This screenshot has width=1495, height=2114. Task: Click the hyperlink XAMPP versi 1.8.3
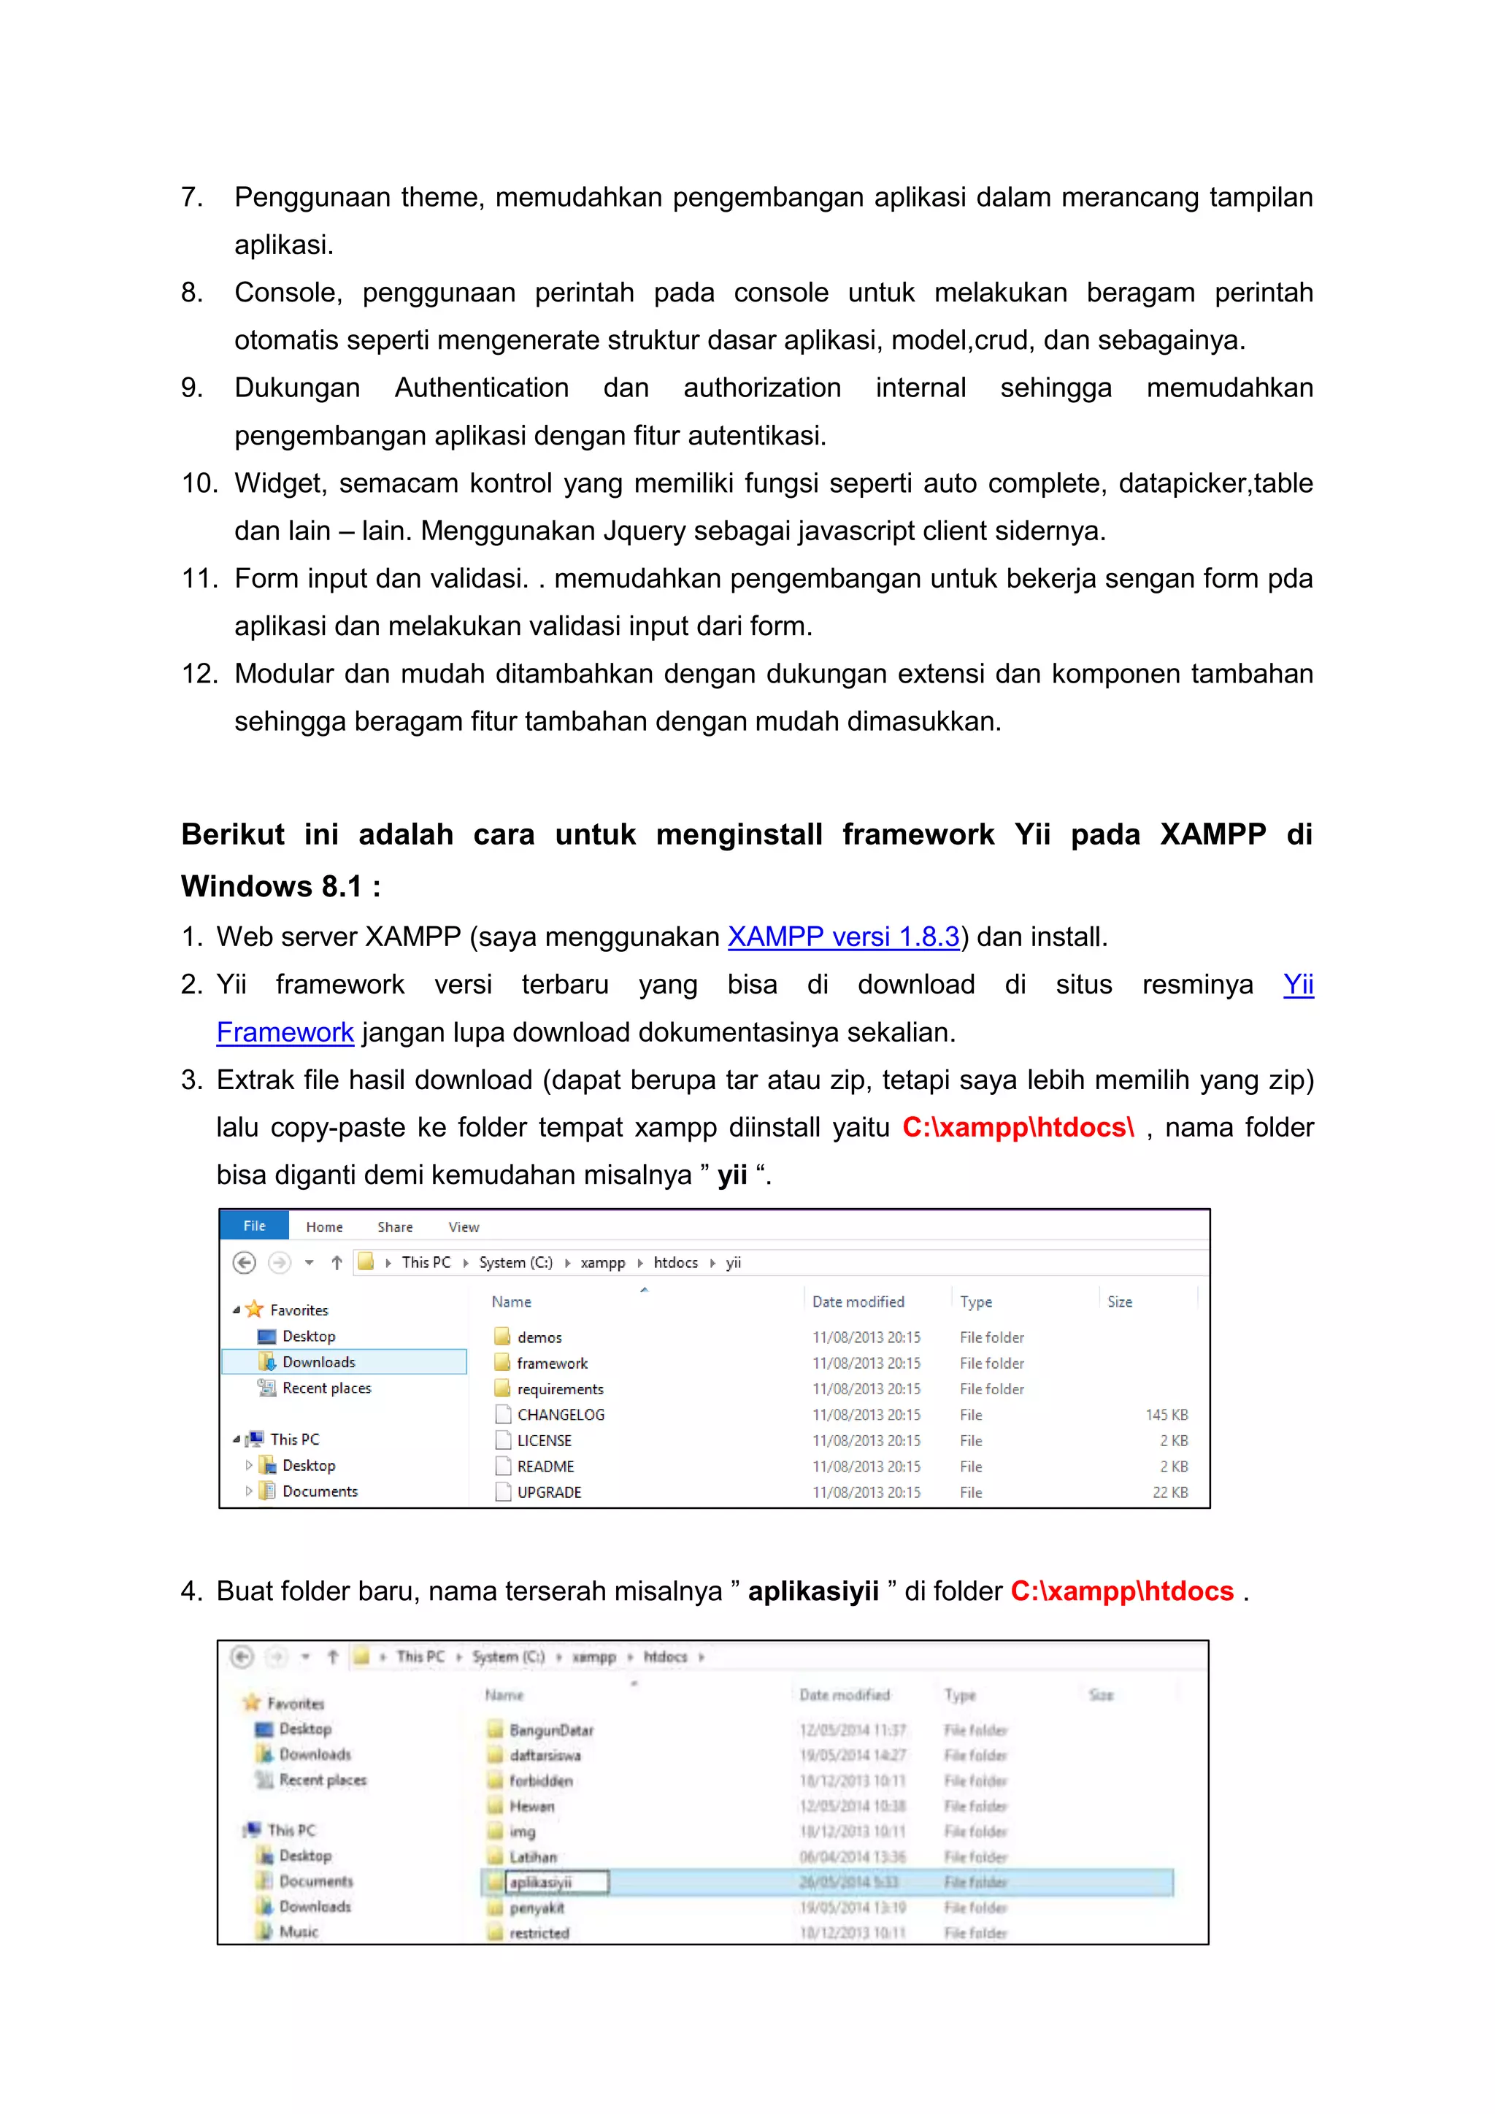pos(843,937)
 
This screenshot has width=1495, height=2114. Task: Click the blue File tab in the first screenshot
pos(254,1226)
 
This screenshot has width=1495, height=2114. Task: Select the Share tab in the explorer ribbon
pos(395,1227)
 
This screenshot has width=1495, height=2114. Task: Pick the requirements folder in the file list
pos(560,1389)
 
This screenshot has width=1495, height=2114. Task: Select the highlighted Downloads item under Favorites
pos(318,1361)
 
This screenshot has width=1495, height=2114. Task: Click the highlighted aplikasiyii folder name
pos(542,1883)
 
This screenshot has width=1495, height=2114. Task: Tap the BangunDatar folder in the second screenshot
pos(550,1730)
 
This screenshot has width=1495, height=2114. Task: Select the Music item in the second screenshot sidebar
pos(299,1932)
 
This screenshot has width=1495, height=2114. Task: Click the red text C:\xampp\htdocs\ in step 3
pos(1017,1128)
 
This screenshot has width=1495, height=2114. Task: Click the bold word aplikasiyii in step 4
pos(813,1592)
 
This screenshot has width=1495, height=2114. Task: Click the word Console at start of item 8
pos(286,293)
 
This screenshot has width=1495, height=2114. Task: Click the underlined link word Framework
pos(285,1033)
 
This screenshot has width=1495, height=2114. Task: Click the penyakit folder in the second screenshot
pos(537,1907)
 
